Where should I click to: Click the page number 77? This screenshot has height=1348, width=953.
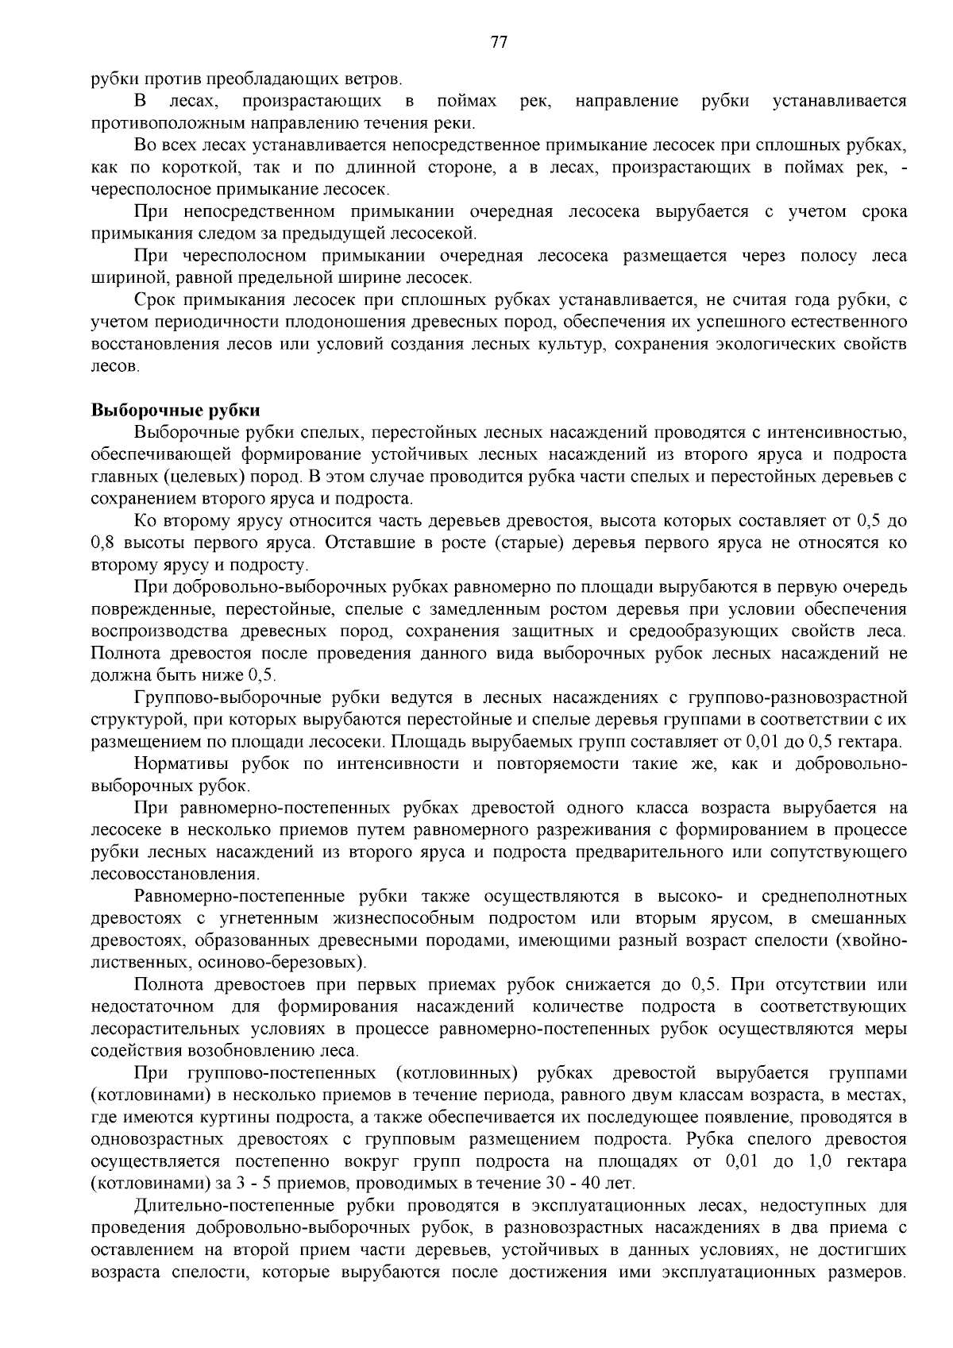pyautogui.click(x=499, y=43)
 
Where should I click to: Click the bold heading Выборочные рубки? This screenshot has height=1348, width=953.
pyautogui.click(x=176, y=411)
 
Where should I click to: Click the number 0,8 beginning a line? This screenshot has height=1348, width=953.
pyautogui.click(x=103, y=543)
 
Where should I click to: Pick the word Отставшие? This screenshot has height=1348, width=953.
pyautogui.click(x=372, y=543)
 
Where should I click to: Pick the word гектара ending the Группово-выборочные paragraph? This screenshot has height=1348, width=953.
pyautogui.click(x=872, y=743)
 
